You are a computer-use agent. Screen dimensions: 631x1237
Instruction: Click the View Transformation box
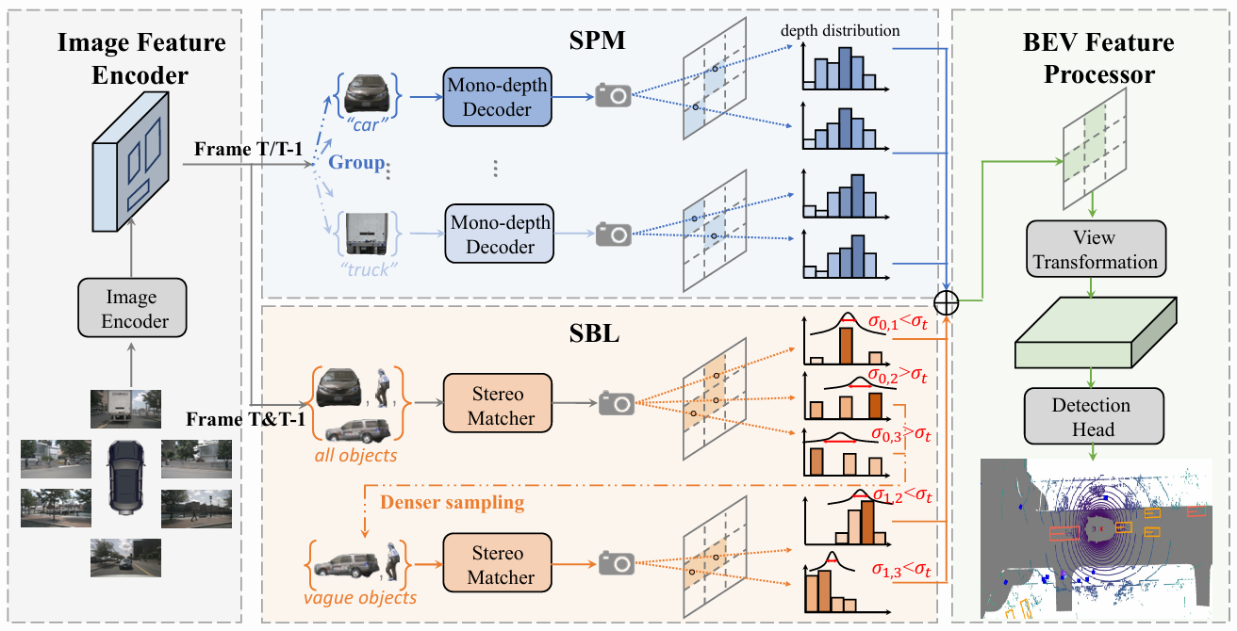point(1094,250)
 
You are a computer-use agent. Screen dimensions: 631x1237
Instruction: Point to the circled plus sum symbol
point(947,301)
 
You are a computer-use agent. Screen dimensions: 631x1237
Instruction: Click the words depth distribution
point(840,31)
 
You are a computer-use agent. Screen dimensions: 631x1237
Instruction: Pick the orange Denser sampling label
point(452,502)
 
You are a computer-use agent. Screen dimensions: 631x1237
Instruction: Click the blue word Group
point(356,162)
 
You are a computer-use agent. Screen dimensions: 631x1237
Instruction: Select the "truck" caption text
point(364,267)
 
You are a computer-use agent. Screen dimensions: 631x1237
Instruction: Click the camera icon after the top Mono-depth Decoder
point(615,95)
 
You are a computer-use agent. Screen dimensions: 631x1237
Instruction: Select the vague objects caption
point(360,597)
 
